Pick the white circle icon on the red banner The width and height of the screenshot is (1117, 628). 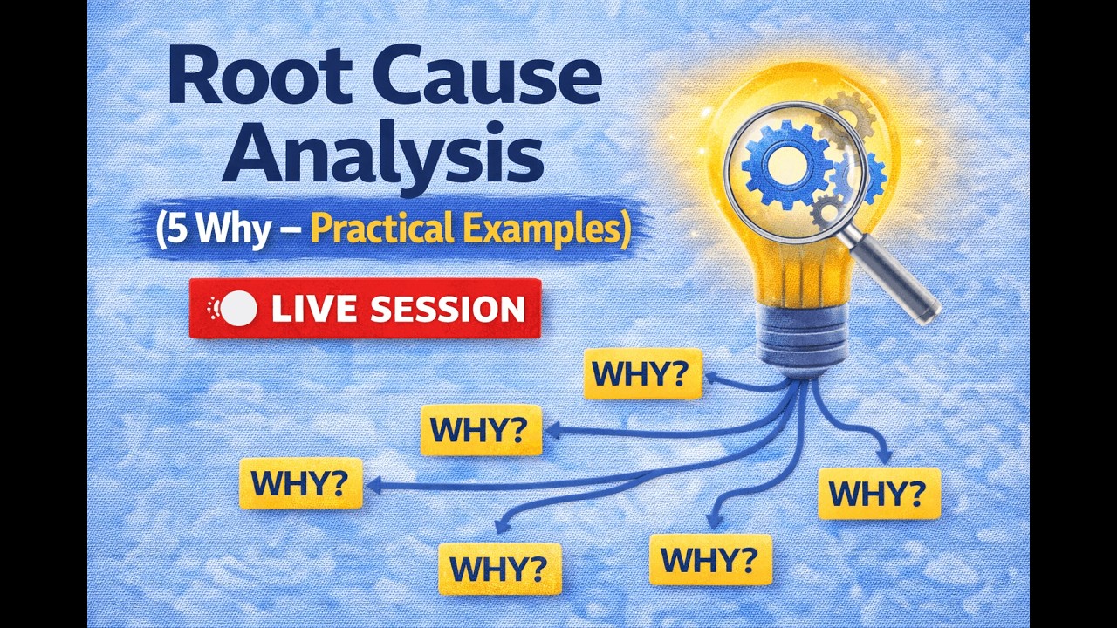pyautogui.click(x=240, y=309)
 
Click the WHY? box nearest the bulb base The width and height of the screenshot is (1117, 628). pyautogui.click(x=641, y=373)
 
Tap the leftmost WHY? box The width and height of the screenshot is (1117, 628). pyautogui.click(x=300, y=483)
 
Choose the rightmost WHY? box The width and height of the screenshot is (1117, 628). pyautogui.click(x=878, y=494)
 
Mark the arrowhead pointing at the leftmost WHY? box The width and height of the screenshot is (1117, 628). pyautogui.click(x=373, y=486)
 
